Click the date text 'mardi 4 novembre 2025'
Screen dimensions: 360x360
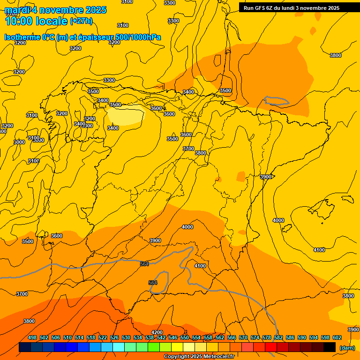coord(55,10)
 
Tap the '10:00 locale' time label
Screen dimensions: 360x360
coord(36,21)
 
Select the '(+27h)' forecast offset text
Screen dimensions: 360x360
coord(81,21)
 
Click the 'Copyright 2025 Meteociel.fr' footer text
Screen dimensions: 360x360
coord(199,357)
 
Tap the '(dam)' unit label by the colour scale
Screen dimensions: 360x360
coord(347,348)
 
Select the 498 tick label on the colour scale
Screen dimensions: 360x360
coord(32,337)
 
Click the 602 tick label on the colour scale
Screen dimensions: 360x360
coord(337,337)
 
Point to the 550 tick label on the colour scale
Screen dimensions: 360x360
coord(185,337)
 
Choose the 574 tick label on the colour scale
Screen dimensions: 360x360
coord(255,337)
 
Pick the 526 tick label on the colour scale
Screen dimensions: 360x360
coord(114,337)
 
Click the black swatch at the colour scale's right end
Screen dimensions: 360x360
coord(330,347)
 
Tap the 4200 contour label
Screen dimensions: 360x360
coord(157,332)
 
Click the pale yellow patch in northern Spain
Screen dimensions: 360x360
coord(126,115)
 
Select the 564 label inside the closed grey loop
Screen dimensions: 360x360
coord(153,283)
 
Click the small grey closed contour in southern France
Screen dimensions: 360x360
coord(276,100)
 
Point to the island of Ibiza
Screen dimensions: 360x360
coord(287,228)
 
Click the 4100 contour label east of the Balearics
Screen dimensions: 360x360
coord(319,250)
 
